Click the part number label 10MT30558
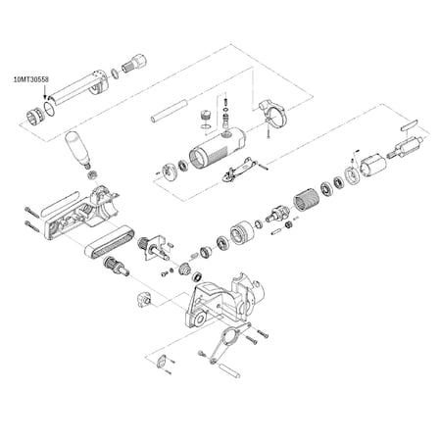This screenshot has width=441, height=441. [31, 79]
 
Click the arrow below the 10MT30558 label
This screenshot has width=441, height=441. [45, 91]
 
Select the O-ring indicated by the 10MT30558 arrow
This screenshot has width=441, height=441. [49, 108]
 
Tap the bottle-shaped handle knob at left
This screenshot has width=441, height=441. [77, 149]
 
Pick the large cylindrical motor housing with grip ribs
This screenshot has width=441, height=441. [218, 147]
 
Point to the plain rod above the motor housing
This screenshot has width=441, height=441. [169, 112]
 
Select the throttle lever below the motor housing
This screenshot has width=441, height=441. [239, 170]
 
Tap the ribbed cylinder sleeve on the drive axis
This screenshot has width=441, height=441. [307, 200]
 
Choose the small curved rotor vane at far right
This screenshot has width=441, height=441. [409, 124]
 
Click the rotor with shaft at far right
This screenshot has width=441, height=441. [406, 148]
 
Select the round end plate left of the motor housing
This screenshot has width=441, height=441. [170, 171]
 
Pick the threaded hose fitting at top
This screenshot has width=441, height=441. [134, 65]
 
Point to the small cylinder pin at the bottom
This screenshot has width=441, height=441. [229, 370]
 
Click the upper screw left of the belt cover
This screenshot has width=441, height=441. [32, 212]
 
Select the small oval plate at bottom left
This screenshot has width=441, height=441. [161, 362]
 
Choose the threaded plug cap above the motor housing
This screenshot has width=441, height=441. [205, 117]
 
